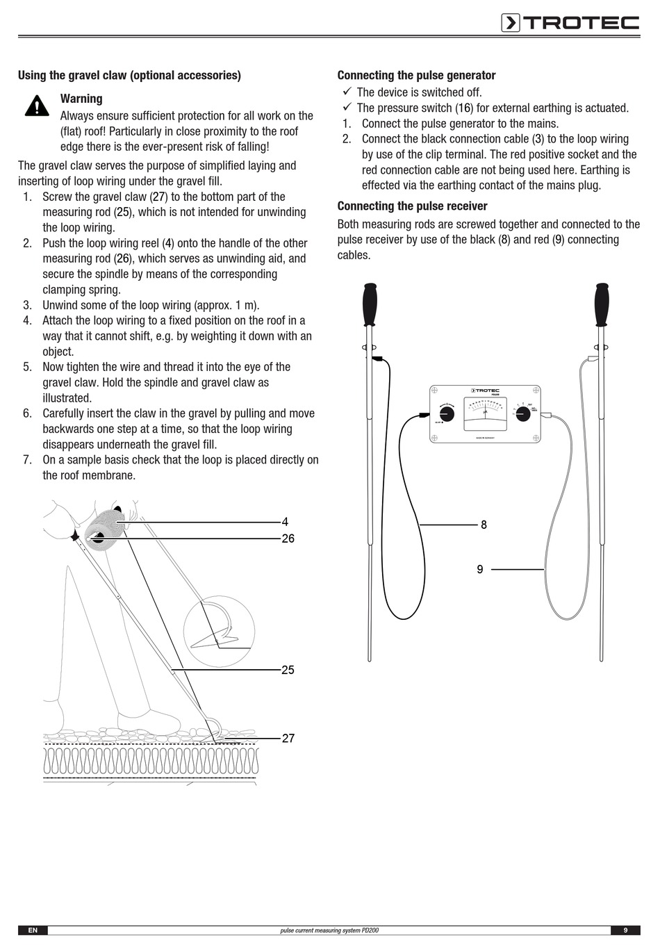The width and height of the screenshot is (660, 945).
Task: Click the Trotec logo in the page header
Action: click(x=570, y=23)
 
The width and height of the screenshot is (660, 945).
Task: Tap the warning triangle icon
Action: click(x=35, y=105)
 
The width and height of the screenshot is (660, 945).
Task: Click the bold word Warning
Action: click(x=81, y=99)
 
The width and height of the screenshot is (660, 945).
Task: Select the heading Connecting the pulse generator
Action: click(x=416, y=75)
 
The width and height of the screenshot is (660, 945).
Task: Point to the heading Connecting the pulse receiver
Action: click(x=412, y=206)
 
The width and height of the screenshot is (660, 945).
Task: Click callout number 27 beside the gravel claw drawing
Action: click(x=288, y=739)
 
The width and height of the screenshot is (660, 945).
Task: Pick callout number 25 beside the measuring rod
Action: click(x=288, y=670)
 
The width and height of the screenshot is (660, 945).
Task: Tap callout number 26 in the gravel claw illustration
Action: click(x=288, y=539)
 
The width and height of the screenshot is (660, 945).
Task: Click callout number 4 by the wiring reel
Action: click(x=285, y=522)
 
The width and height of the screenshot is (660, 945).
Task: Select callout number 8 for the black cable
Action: click(x=484, y=525)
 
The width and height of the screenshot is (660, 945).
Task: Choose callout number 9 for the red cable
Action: click(x=480, y=569)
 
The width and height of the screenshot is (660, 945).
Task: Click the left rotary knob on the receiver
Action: click(x=447, y=414)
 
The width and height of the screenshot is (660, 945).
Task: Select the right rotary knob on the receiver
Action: click(x=523, y=414)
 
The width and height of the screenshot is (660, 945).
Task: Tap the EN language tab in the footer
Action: click(x=33, y=930)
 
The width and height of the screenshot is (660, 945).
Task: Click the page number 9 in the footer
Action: click(x=625, y=930)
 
